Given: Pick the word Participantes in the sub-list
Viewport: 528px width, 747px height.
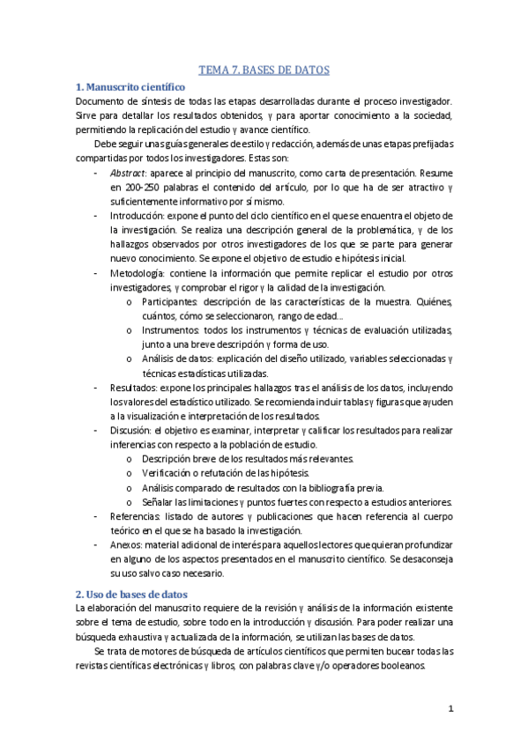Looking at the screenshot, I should pos(169,301).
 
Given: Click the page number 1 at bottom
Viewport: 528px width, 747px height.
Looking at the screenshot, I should pos(450,708).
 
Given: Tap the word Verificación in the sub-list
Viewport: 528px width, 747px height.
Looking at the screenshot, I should pos(168,472).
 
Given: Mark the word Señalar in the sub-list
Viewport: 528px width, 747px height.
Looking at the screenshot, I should pos(159,501).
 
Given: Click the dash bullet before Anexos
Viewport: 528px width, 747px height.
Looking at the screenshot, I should pos(94,544).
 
